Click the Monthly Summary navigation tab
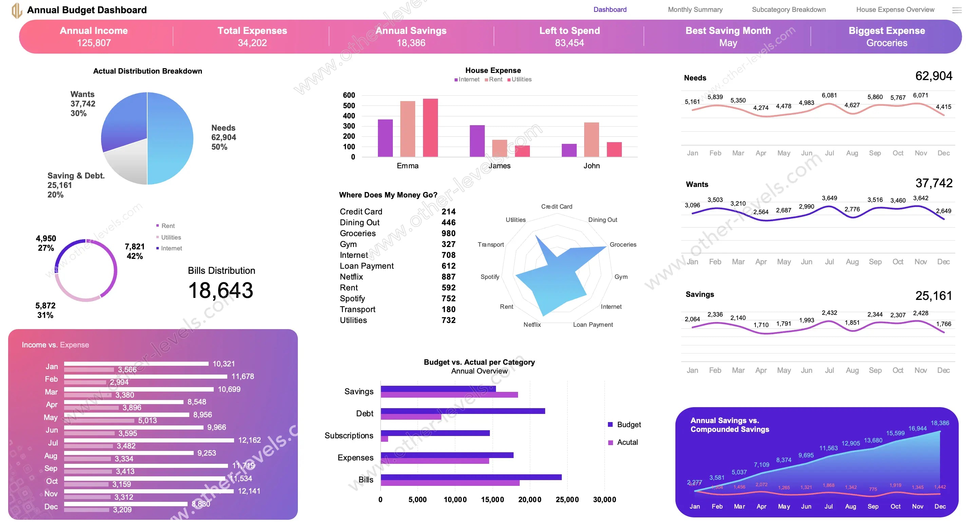(x=695, y=9)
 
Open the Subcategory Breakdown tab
(x=788, y=9)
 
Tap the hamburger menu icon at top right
(x=957, y=10)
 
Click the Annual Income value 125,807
(x=94, y=43)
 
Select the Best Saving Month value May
(x=728, y=43)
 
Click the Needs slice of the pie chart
(x=171, y=138)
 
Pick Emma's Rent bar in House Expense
(x=407, y=129)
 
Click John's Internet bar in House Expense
(x=569, y=150)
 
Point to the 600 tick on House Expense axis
(x=349, y=95)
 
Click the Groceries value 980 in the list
(x=448, y=233)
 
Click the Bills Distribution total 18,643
(x=221, y=291)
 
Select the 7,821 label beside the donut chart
(x=135, y=247)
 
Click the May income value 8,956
(x=203, y=415)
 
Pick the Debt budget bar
(x=463, y=411)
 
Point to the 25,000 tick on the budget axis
(x=567, y=500)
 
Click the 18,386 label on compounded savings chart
(x=939, y=423)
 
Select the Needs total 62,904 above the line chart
(x=933, y=76)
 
